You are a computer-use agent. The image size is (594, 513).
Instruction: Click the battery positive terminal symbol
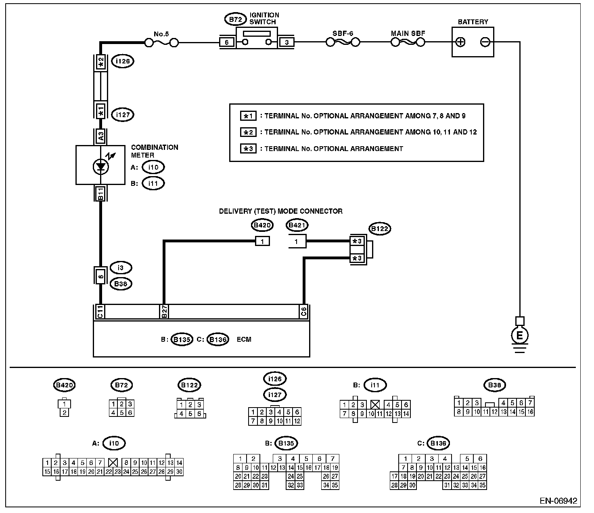pyautogui.click(x=461, y=42)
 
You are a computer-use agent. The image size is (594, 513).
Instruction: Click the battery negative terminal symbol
pyautogui.click(x=485, y=42)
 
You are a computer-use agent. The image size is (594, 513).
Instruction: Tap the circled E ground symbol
pyautogui.click(x=520, y=335)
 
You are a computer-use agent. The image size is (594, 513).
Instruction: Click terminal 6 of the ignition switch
pyautogui.click(x=227, y=42)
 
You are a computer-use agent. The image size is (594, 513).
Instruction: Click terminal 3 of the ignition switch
pyautogui.click(x=287, y=42)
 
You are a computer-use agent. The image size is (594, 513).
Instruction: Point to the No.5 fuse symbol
pyautogui.click(x=161, y=42)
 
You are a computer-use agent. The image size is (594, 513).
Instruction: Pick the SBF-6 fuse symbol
pyautogui.click(x=343, y=42)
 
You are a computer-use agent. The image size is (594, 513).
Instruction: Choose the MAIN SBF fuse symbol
pyautogui.click(x=408, y=42)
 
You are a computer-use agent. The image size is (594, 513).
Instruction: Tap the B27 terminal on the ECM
pyautogui.click(x=164, y=311)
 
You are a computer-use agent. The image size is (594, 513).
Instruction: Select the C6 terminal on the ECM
pyautogui.click(x=303, y=311)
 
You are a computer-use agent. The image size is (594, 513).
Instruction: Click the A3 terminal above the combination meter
pyautogui.click(x=101, y=136)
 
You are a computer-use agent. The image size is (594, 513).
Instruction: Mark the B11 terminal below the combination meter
pyautogui.click(x=101, y=193)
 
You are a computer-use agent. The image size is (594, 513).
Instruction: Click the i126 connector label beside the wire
pyautogui.click(x=122, y=61)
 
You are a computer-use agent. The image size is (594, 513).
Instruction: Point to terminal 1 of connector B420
pyautogui.click(x=262, y=242)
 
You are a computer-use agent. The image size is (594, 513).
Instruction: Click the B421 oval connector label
pyautogui.click(x=297, y=225)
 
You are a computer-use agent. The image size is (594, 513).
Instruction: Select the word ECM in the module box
pyautogui.click(x=244, y=339)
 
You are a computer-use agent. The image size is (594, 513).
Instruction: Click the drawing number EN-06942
pyautogui.click(x=558, y=501)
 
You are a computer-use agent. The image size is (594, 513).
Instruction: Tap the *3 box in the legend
pyautogui.click(x=249, y=149)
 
